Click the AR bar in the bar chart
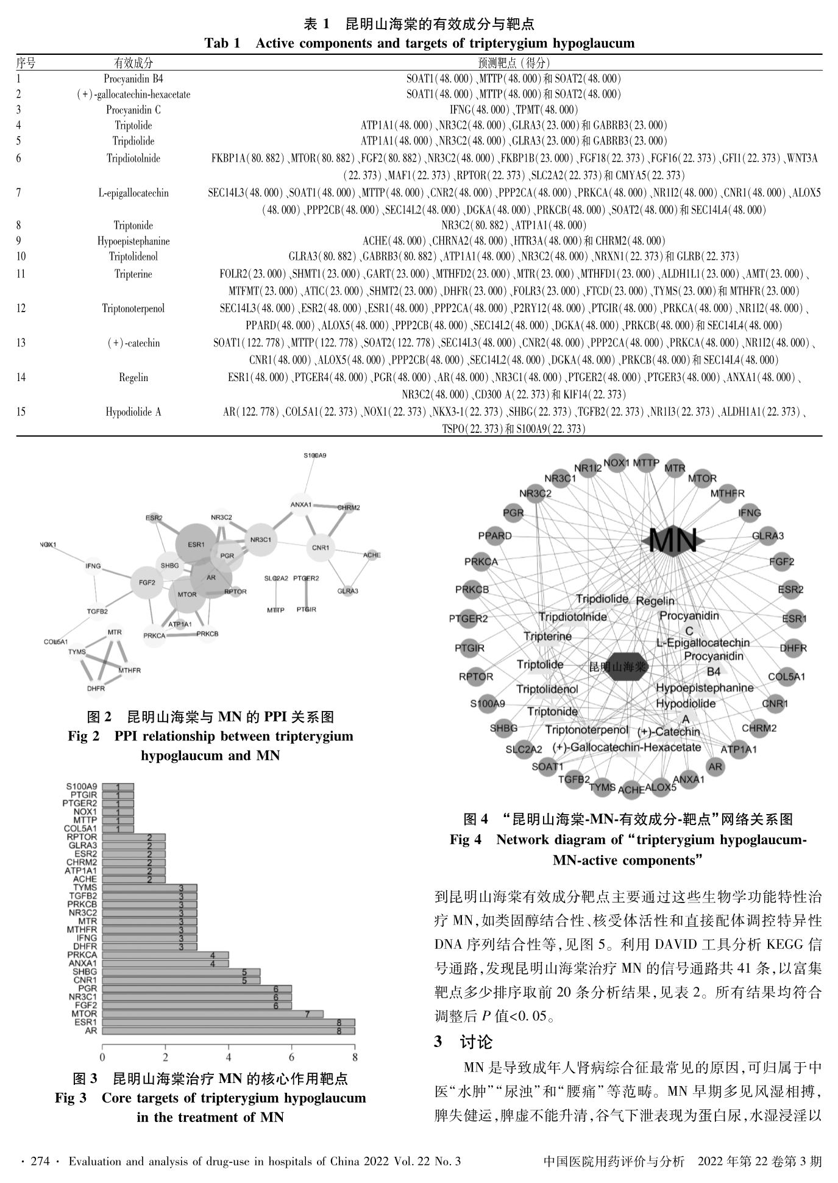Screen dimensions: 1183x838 [228, 1031]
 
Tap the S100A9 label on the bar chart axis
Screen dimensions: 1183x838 [81, 787]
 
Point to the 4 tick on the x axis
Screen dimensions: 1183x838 [229, 1057]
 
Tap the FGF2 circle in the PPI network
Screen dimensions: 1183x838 [147, 582]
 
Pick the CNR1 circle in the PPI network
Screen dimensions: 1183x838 [320, 548]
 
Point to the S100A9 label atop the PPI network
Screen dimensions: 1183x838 [314, 456]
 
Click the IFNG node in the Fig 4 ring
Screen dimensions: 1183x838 [749, 512]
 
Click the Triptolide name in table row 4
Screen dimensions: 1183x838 [133, 125]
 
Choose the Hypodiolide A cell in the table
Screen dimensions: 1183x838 [133, 412]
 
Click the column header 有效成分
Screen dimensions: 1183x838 [133, 63]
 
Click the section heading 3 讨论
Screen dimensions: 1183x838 [463, 1042]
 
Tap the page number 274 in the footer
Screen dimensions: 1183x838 [40, 1162]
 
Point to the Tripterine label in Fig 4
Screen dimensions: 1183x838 [548, 637]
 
